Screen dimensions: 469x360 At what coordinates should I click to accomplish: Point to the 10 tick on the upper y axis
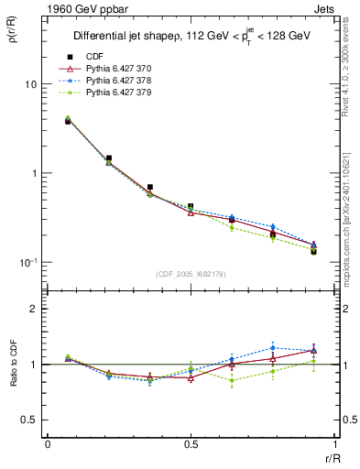pos(29,84)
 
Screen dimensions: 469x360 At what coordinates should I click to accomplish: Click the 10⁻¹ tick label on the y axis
pos(27,263)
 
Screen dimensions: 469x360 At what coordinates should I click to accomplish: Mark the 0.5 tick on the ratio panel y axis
pos(28,420)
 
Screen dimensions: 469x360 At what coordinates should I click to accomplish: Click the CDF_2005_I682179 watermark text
pos(190,273)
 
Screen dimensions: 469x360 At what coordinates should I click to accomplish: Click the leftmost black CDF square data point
pos(68,121)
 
